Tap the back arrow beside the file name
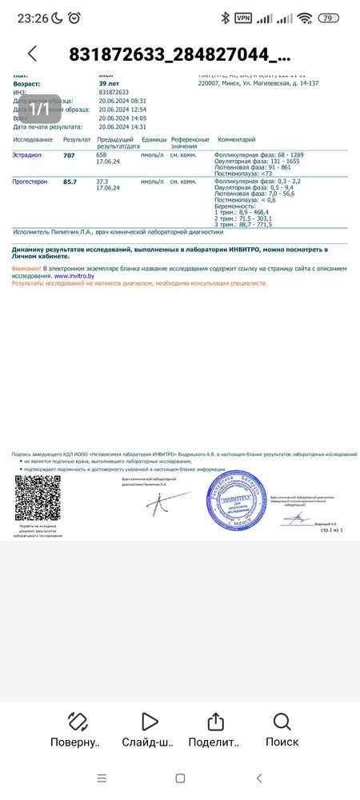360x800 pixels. (x=32, y=54)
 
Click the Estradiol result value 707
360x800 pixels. (x=69, y=155)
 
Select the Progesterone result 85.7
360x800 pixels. (x=70, y=182)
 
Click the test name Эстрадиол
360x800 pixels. (x=28, y=155)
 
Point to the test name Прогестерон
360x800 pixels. (x=30, y=182)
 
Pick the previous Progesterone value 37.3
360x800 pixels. (x=102, y=182)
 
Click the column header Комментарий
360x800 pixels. (x=236, y=139)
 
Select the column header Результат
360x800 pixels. (x=77, y=139)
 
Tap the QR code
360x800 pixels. (x=38, y=498)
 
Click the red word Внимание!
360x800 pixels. (x=26, y=268)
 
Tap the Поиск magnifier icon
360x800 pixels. (x=282, y=722)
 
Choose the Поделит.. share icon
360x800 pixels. (x=214, y=722)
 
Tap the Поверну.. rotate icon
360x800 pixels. (x=78, y=722)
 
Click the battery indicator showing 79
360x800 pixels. (x=328, y=18)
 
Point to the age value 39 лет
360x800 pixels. (x=108, y=83)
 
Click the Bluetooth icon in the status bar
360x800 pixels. (x=226, y=18)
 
